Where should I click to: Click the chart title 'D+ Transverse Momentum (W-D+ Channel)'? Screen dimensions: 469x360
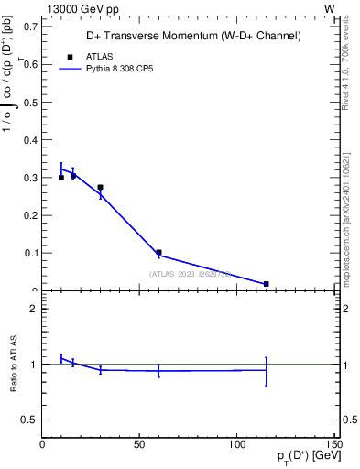[x=193, y=37]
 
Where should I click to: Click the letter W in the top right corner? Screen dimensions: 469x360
[x=329, y=7]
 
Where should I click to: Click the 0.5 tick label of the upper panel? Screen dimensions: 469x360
[x=32, y=103]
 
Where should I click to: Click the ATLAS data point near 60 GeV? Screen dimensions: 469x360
[x=158, y=253]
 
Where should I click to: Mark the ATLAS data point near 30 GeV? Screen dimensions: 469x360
[x=100, y=188]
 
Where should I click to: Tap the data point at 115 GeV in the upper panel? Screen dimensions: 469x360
[x=266, y=284]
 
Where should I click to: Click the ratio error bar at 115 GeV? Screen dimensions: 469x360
[x=266, y=370]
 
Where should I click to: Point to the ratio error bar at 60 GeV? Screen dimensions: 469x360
[x=158, y=370]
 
